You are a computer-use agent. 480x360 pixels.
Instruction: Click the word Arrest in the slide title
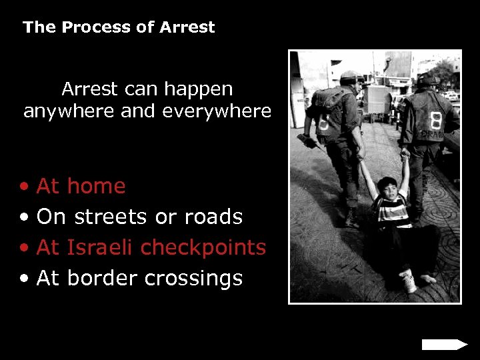pos(187,27)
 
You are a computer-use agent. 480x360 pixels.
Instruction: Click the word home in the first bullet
pos(97,186)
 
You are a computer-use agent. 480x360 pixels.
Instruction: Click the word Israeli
pos(100,247)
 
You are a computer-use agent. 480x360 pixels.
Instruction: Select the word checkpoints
pos(203,247)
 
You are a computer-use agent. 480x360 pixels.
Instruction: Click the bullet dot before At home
pos(25,187)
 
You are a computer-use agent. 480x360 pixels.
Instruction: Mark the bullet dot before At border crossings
pos(25,279)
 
